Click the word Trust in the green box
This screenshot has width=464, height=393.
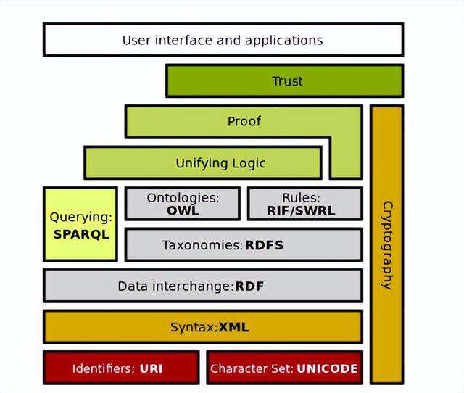pos(287,81)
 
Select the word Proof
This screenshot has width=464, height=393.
pos(244,121)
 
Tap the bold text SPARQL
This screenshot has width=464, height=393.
pos(81,234)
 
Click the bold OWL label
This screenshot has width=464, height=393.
pos(183,211)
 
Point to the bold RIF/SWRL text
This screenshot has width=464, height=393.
pos(301,211)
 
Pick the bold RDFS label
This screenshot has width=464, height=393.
pos(264,245)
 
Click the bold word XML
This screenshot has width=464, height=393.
pos(233,327)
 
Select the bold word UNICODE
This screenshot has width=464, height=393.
pos(327,368)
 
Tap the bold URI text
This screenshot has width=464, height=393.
pos(151,368)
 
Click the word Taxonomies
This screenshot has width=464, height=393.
pos(202,245)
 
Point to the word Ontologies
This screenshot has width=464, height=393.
pos(183,198)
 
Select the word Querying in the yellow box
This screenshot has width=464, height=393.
pos(81,218)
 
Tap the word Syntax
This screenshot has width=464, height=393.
pos(194,328)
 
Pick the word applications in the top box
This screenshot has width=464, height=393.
pos(283,41)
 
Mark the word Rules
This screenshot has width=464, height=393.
pos(301,198)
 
